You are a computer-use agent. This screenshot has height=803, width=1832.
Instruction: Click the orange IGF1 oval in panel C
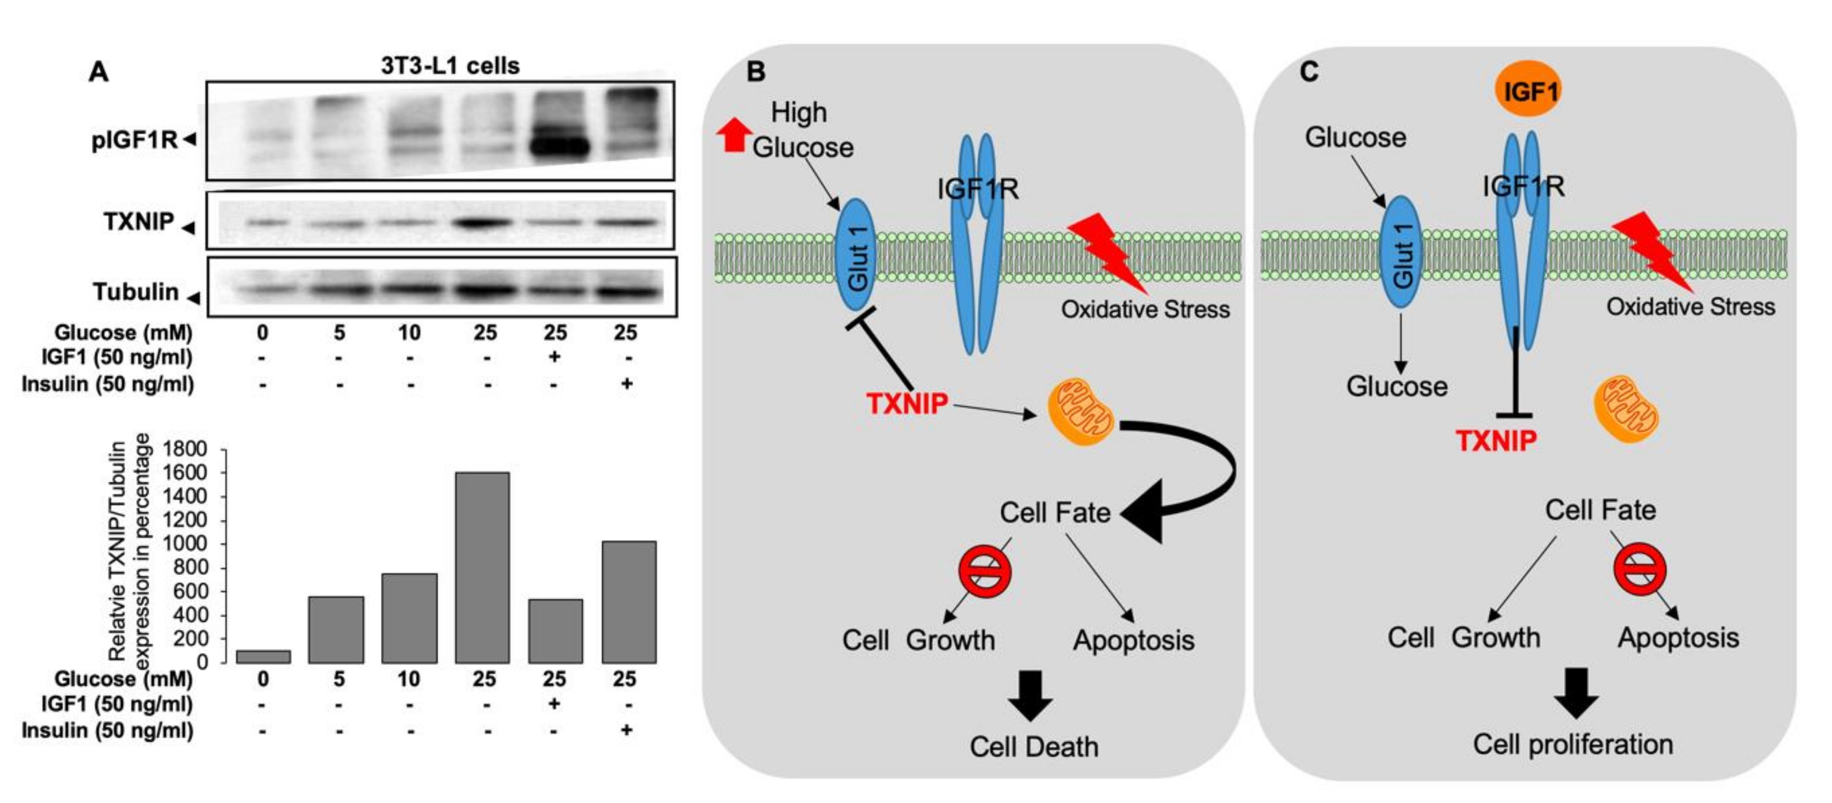tap(1529, 90)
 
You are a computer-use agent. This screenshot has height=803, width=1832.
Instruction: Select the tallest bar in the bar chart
tap(483, 567)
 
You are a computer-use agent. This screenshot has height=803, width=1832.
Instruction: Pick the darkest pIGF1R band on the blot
tap(560, 146)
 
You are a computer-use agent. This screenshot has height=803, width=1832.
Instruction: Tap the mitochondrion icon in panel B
tap(1080, 411)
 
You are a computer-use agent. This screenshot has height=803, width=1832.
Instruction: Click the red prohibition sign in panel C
tap(1639, 568)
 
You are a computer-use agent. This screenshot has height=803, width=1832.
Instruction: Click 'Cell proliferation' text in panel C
tap(1572, 744)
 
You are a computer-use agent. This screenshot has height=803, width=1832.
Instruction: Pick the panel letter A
tap(98, 72)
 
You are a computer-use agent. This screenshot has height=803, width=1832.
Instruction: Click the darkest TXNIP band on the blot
tap(484, 223)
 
